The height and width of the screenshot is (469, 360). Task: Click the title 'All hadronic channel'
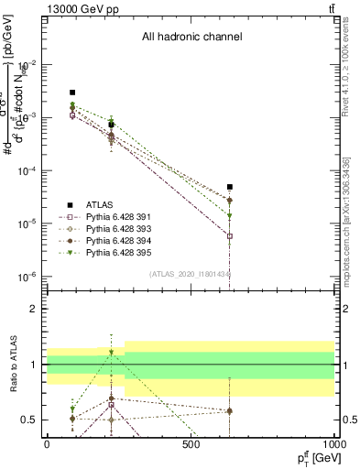coord(191,38)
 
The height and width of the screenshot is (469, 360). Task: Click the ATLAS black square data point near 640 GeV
coord(230,187)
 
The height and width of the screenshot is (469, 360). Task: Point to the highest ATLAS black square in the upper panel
coord(72,93)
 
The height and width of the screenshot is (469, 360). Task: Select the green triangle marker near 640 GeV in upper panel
coord(230,216)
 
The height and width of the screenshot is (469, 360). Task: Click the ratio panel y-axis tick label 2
coord(35,309)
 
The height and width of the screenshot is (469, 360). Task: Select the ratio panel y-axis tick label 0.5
coord(30,420)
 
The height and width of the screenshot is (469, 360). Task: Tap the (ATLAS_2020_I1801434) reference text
coord(191,274)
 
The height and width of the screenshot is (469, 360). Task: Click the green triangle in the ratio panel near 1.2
coord(112,353)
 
